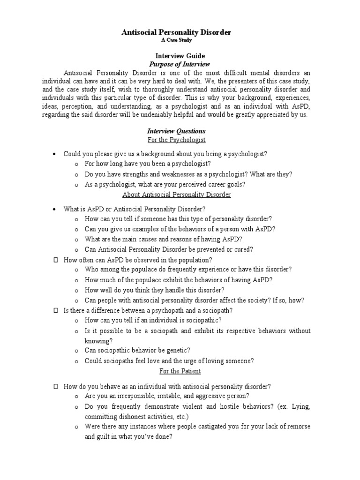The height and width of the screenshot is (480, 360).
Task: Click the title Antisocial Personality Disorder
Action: [x=176, y=32]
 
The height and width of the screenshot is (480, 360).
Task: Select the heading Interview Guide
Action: [x=180, y=56]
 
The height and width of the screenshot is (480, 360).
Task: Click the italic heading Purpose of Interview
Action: [x=180, y=64]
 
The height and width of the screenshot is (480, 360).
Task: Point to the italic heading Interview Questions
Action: [x=176, y=131]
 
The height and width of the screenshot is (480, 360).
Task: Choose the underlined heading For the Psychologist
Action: [x=176, y=140]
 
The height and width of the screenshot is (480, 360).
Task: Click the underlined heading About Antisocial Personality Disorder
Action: [x=176, y=195]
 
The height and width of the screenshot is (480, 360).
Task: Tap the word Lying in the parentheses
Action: [x=300, y=406]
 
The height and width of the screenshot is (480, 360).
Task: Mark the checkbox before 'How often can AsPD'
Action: [x=55, y=259]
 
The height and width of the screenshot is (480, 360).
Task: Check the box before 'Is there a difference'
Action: [x=55, y=310]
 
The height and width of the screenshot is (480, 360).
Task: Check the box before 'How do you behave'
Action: [x=55, y=386]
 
